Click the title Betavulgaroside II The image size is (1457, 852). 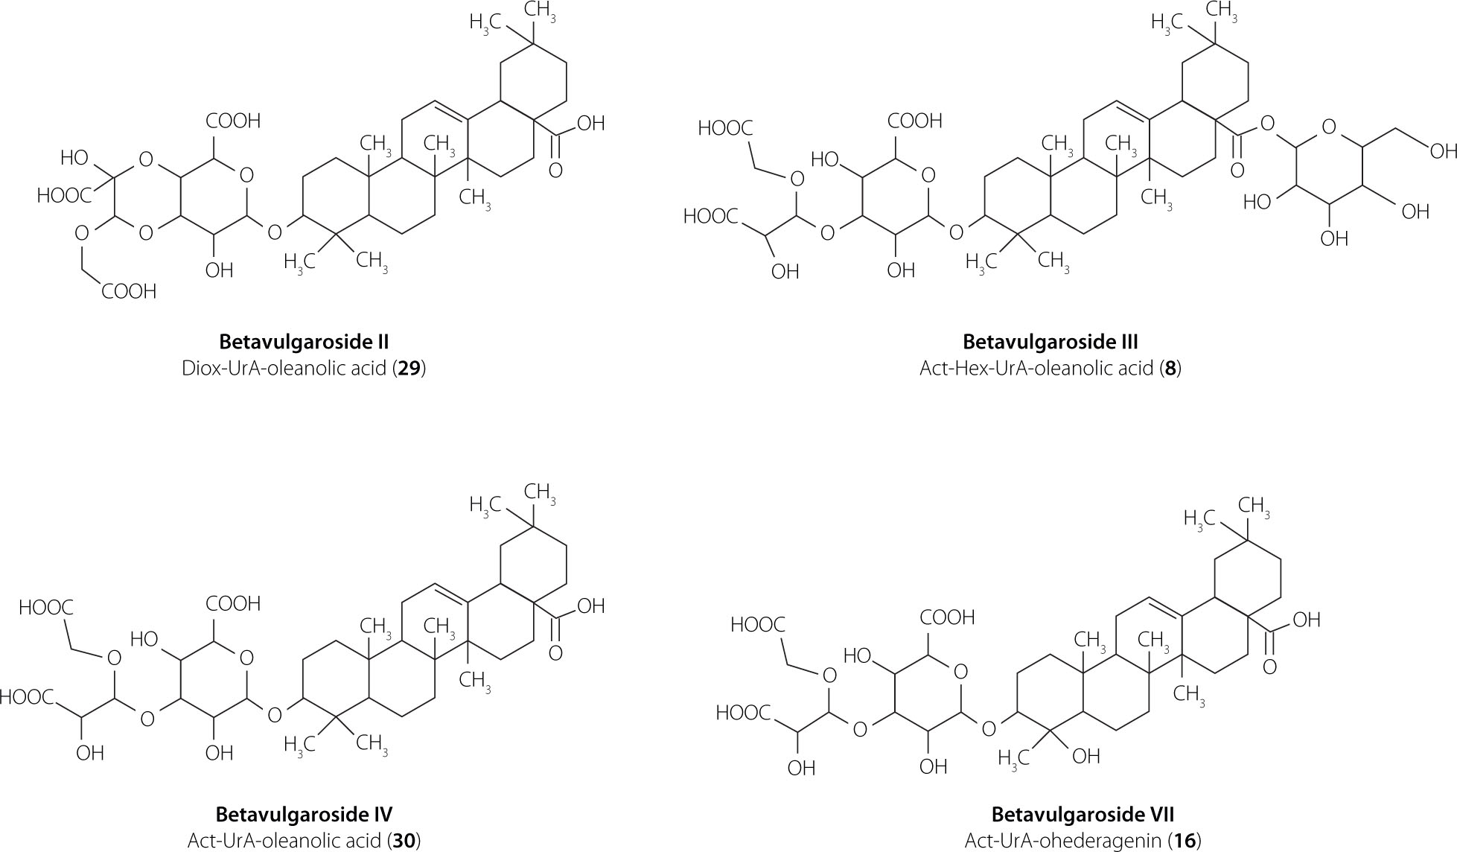(304, 342)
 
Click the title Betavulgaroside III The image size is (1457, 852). (1050, 342)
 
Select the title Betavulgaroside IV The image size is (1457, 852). (304, 813)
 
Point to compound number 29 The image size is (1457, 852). (409, 369)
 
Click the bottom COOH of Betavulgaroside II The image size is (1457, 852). (129, 291)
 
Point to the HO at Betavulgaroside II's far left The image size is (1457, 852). (74, 159)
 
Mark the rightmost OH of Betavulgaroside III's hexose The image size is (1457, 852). (1415, 212)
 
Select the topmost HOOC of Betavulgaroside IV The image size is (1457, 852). (46, 607)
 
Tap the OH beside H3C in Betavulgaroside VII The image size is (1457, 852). (1086, 757)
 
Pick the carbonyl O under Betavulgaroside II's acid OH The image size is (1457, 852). (555, 171)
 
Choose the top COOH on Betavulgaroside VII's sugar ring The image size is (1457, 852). (947, 617)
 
